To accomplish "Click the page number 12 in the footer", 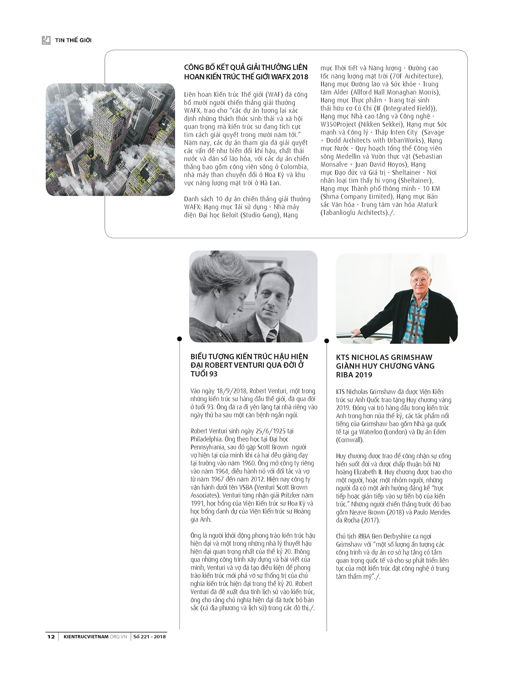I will coord(51,637).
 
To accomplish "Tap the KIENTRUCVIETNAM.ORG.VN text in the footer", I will coord(95,637).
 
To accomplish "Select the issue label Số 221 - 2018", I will coord(149,637).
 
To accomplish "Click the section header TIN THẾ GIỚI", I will coord(73,40).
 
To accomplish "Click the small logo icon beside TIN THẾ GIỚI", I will coord(46,40).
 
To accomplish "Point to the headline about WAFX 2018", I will coord(246,72).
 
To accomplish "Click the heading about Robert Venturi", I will coord(249,365).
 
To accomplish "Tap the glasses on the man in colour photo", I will coord(420,280).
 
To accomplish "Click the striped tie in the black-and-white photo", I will coord(271,335).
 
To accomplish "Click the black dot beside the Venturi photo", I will coord(180,339).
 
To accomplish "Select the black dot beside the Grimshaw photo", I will coord(326,341).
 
